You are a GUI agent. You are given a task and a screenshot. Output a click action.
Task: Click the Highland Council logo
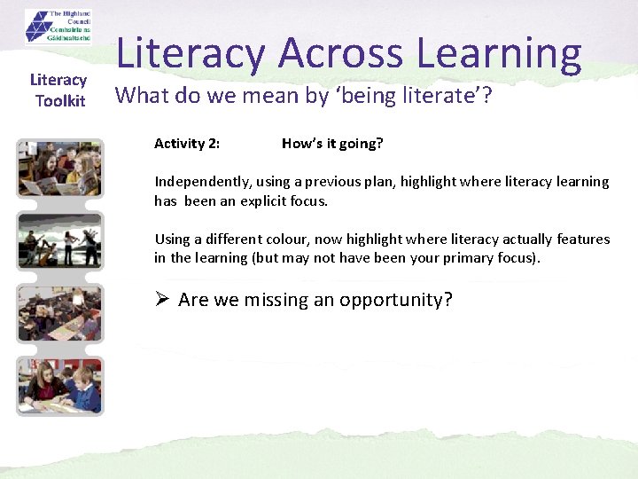click(x=58, y=27)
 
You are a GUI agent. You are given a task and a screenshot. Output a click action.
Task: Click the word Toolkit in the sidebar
click(x=60, y=101)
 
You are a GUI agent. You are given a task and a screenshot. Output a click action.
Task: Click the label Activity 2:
click(x=187, y=144)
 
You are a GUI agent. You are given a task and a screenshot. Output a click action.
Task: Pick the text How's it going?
click(x=332, y=144)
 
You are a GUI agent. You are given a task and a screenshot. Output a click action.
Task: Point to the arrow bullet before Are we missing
click(x=162, y=299)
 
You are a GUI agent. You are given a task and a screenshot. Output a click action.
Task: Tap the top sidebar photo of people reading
click(x=59, y=169)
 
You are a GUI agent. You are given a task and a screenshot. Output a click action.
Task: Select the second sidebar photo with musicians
click(x=59, y=241)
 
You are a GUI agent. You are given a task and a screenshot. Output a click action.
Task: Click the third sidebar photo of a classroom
click(x=59, y=313)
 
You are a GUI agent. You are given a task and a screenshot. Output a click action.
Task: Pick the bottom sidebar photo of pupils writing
click(x=59, y=386)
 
